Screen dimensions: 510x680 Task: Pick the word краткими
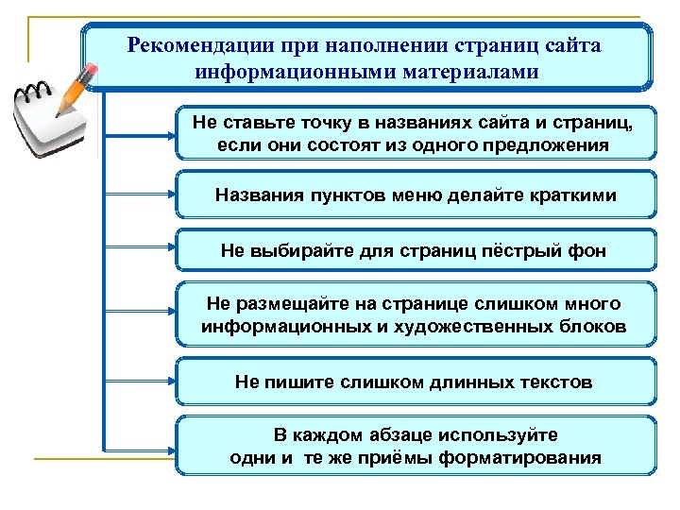click(569, 195)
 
